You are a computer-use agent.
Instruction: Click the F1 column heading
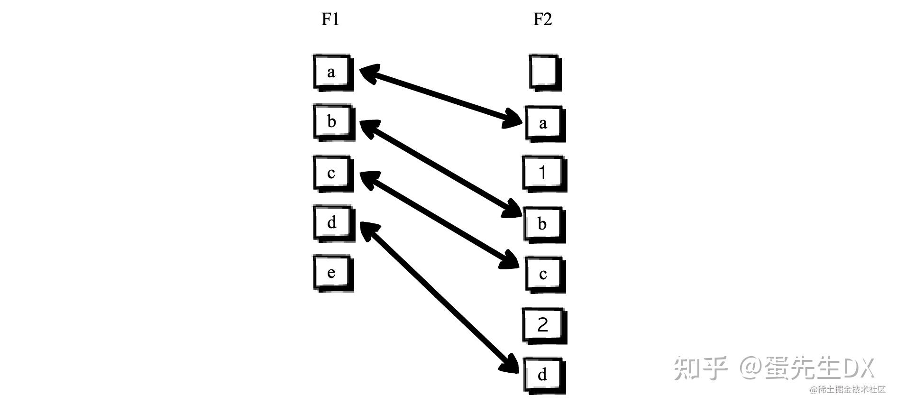click(330, 19)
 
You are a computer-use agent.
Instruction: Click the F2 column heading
click(542, 19)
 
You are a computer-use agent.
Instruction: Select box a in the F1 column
click(332, 72)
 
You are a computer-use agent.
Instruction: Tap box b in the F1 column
click(332, 122)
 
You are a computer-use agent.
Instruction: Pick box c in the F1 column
click(332, 173)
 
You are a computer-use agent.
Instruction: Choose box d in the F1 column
click(332, 222)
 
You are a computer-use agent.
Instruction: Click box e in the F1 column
click(332, 273)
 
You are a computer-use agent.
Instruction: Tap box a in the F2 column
click(544, 123)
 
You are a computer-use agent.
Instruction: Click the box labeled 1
click(544, 173)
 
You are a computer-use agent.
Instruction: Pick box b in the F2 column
click(543, 223)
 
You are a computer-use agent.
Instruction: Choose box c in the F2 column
click(544, 274)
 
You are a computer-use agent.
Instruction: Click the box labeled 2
click(544, 325)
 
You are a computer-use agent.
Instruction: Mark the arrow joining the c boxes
click(439, 220)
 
